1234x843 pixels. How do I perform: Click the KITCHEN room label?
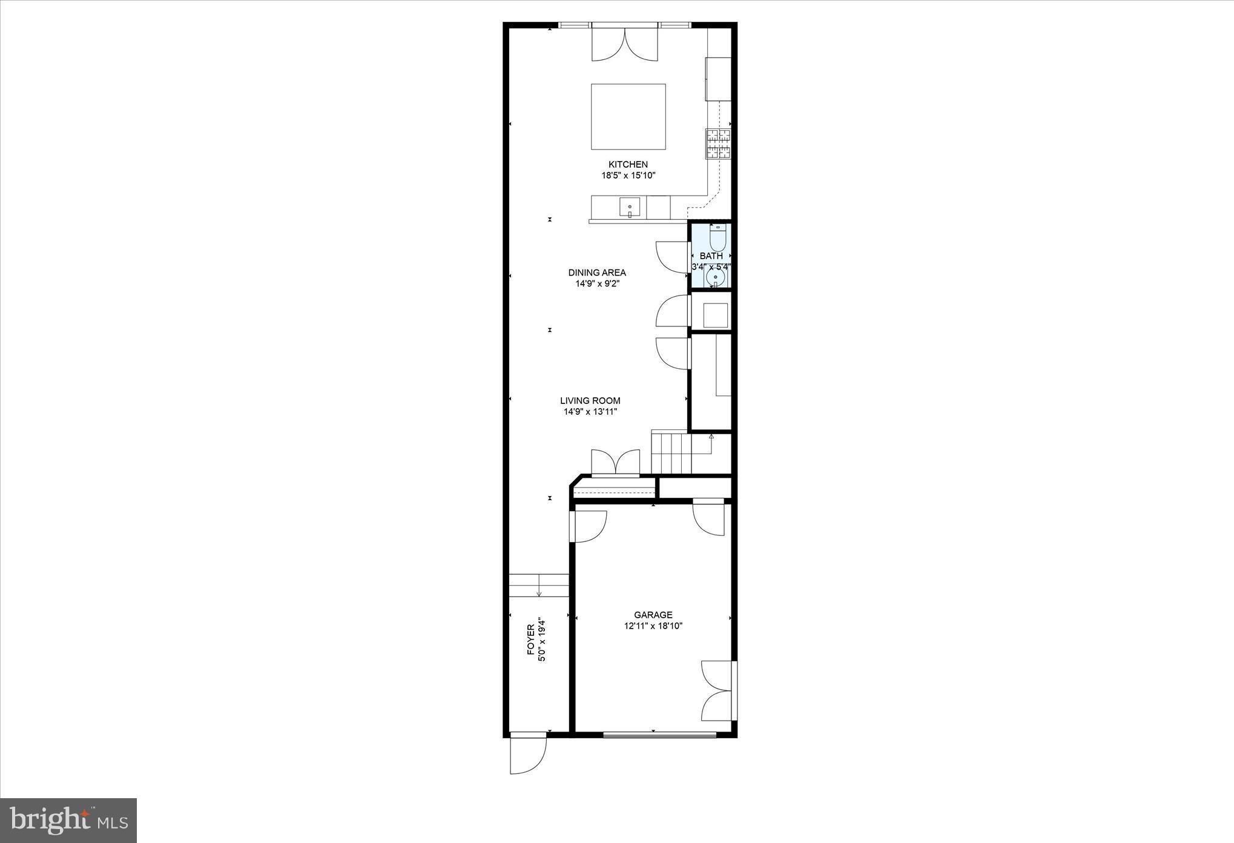628,164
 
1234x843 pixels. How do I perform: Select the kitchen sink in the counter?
630,208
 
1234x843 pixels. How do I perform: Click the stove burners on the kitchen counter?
719,144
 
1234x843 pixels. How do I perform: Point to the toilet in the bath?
718,238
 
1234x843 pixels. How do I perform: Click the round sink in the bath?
716,278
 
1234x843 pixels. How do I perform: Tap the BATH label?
711,256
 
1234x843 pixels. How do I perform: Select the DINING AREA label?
596,273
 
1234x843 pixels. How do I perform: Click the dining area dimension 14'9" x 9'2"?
597,283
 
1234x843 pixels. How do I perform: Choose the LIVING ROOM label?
590,400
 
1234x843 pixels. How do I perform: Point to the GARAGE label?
653,615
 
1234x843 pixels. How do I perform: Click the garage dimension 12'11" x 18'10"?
653,626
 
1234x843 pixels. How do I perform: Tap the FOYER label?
531,640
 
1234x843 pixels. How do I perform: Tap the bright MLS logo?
68,820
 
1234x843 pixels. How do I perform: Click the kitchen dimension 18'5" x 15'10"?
628,176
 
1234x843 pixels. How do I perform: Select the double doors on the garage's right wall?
718,690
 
